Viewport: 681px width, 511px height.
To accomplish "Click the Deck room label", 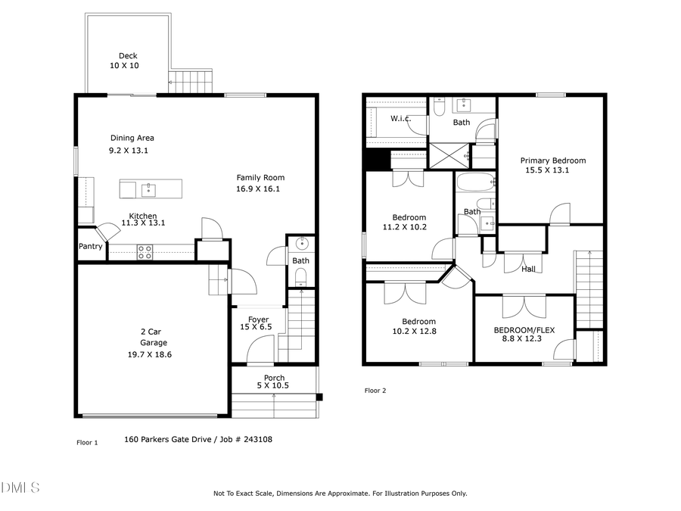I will tap(127, 55).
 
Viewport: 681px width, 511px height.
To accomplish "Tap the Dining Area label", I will tap(132, 138).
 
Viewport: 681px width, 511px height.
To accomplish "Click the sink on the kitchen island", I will tap(150, 188).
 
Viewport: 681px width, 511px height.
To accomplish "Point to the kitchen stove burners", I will tap(145, 252).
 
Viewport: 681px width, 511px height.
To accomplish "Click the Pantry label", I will tap(91, 247).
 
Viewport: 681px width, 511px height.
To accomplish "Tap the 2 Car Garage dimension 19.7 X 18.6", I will tap(149, 354).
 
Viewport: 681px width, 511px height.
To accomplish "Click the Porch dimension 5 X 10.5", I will tap(274, 385).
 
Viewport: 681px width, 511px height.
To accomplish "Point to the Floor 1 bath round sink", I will tap(301, 244).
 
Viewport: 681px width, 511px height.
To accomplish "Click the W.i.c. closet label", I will tap(400, 119).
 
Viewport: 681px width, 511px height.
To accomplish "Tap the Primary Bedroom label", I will tap(552, 160).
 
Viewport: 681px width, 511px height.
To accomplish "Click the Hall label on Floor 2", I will tap(528, 269).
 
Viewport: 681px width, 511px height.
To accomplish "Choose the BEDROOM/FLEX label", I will tap(524, 330).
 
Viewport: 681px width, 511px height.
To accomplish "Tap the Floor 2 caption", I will tap(375, 391).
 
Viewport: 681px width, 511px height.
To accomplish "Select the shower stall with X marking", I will tap(449, 156).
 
